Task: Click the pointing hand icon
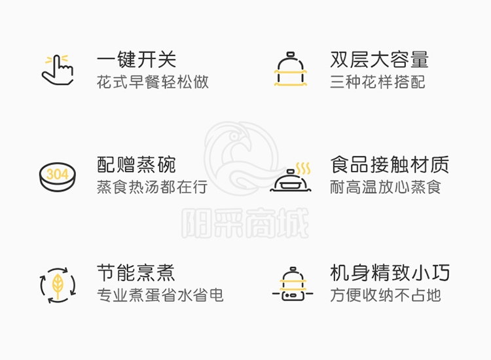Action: click(x=58, y=70)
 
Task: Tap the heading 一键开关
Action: click(x=137, y=60)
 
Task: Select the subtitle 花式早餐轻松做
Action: click(x=153, y=82)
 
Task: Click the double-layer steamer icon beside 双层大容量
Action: click(x=290, y=69)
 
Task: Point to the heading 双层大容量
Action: click(x=379, y=60)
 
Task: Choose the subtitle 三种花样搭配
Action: click(x=378, y=82)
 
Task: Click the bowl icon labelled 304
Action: click(x=58, y=177)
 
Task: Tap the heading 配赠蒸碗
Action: click(x=136, y=165)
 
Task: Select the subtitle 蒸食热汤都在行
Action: click(x=152, y=187)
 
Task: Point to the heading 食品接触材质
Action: click(x=390, y=165)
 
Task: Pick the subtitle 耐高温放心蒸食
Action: click(x=386, y=187)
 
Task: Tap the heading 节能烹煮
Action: click(x=136, y=273)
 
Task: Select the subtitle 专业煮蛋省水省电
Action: click(x=160, y=295)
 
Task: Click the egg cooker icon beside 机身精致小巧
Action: click(x=293, y=284)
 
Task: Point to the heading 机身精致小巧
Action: click(x=390, y=273)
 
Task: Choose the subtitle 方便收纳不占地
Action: click(x=386, y=295)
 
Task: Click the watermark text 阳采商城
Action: click(x=245, y=223)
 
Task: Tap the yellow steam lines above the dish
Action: click(x=303, y=168)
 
